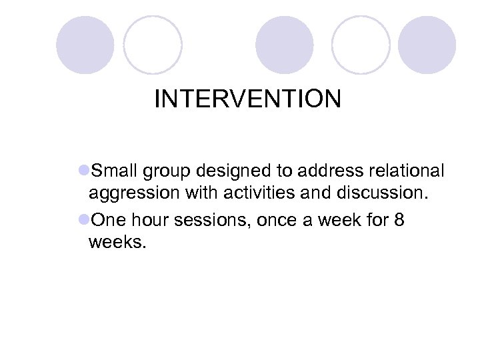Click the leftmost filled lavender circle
click(85, 45)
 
